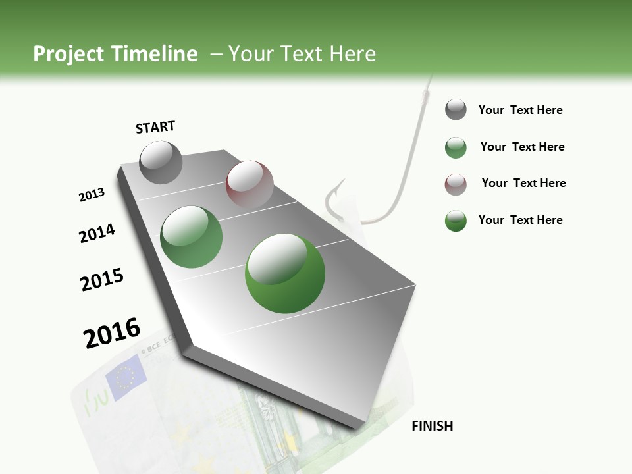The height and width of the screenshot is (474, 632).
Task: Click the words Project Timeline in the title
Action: (x=115, y=54)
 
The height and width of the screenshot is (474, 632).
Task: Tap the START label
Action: (x=155, y=127)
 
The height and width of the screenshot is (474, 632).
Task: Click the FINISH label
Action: (x=432, y=426)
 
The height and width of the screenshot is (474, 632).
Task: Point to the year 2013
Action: (x=92, y=195)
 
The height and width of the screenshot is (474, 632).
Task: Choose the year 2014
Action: (x=97, y=233)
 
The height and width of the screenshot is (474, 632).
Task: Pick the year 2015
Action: (x=102, y=280)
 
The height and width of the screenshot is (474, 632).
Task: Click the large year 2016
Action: (x=112, y=332)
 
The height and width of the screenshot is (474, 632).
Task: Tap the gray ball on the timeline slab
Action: (x=161, y=162)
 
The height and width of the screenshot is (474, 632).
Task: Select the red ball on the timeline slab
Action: (x=250, y=184)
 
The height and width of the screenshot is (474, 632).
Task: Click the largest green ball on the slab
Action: (x=285, y=273)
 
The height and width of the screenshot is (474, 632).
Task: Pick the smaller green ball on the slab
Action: (x=192, y=237)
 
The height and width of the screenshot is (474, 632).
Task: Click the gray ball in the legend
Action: (x=456, y=109)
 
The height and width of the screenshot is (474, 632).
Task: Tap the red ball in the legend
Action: (x=456, y=184)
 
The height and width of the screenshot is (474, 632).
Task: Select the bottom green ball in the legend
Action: (x=456, y=221)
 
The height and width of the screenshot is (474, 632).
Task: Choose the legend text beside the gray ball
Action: (x=520, y=110)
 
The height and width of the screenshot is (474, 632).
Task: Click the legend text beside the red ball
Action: (x=523, y=183)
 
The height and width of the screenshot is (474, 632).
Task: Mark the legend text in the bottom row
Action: (x=520, y=220)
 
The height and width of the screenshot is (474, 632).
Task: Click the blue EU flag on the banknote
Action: (x=124, y=377)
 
